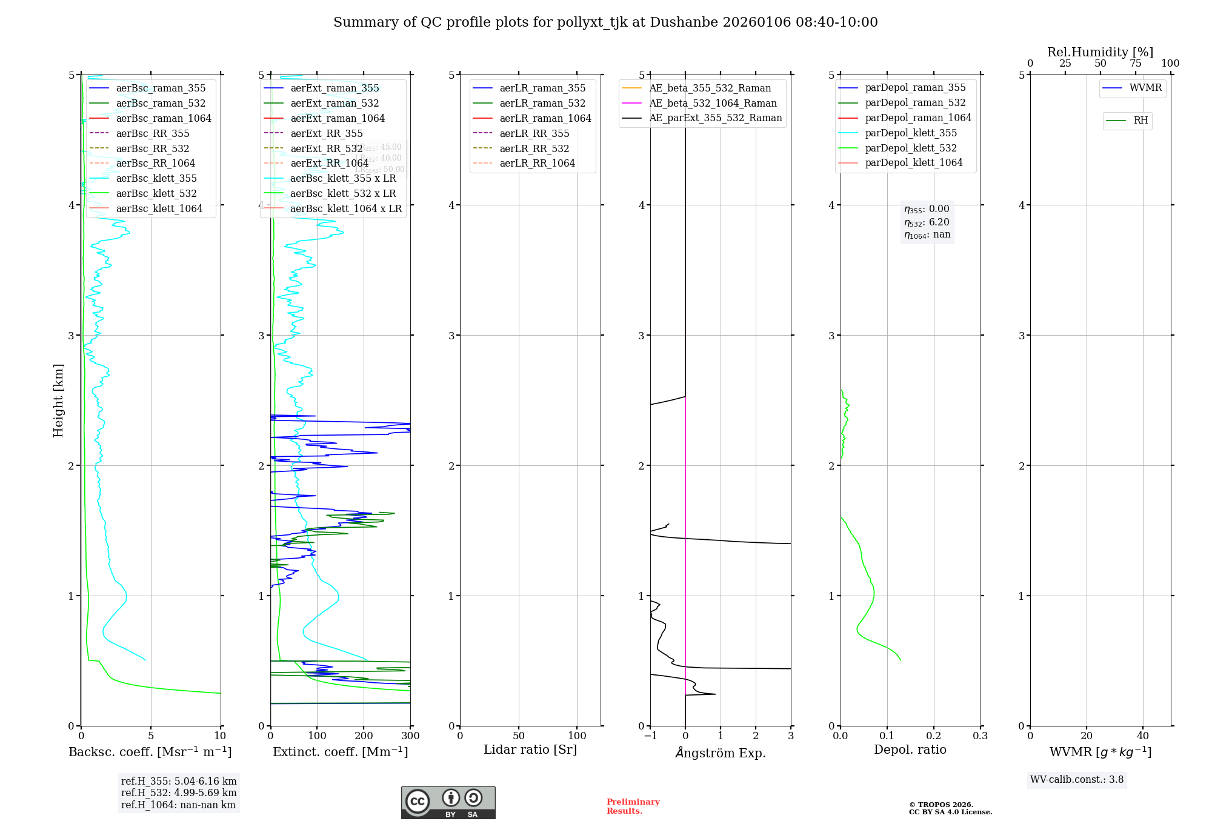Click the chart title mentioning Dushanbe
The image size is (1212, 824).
pos(605,22)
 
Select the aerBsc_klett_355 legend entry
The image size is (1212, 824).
pos(156,178)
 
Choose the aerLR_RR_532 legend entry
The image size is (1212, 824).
pos(534,148)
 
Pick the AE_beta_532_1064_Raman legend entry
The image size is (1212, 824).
pos(713,103)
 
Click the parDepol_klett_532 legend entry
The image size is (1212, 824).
pos(910,148)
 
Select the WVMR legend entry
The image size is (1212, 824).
pos(1145,88)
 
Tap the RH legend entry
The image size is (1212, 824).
pos(1140,121)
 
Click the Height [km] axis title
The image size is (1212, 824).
pos(58,400)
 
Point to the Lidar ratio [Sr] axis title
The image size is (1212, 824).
pos(530,749)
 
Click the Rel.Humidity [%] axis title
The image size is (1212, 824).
pos(1100,52)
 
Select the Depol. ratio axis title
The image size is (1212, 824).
pos(910,749)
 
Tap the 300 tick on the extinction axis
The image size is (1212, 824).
pos(410,736)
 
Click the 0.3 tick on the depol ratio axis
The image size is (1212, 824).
pos(980,736)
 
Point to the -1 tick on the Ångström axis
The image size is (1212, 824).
pos(650,736)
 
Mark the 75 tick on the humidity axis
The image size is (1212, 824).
pos(1135,64)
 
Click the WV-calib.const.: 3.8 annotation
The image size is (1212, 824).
pos(1076,780)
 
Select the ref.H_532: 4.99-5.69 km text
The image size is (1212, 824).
pos(179,793)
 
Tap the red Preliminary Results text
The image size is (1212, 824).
pos(633,806)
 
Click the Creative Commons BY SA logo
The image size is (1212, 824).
pos(448,802)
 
